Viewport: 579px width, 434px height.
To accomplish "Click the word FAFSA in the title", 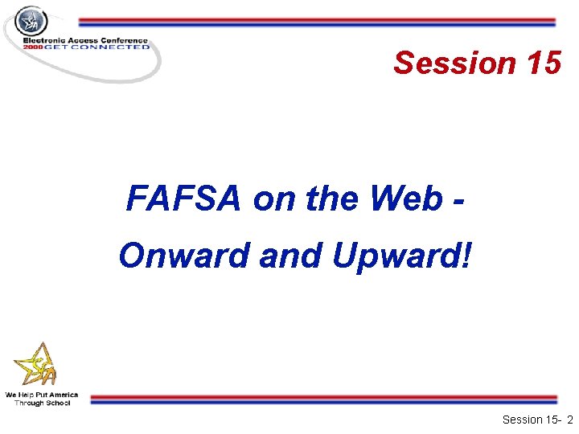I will (x=183, y=199).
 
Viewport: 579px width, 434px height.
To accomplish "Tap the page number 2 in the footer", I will (x=569, y=420).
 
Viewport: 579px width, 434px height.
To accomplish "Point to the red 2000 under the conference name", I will (x=32, y=47).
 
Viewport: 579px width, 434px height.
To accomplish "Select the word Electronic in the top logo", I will (x=44, y=40).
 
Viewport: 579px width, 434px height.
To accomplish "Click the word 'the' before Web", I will (x=326, y=199).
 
